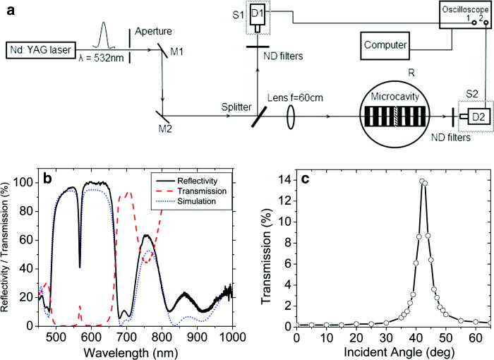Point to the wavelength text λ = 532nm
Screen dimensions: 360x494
[x=100, y=57]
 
